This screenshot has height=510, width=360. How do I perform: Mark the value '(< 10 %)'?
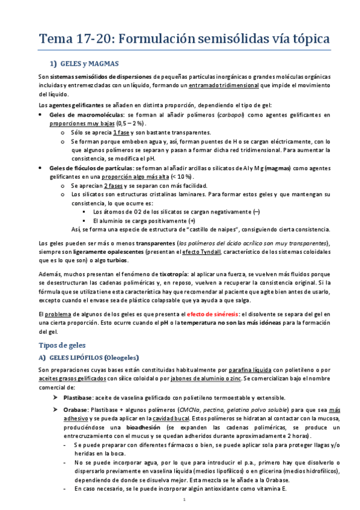pos(182,177)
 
